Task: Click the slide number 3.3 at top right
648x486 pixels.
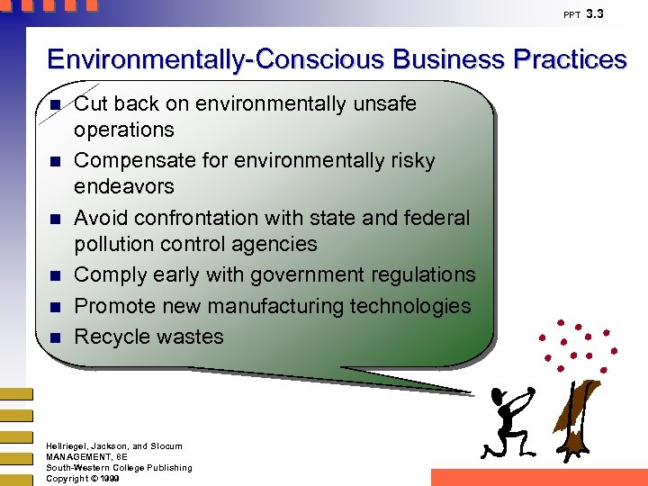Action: [x=595, y=13]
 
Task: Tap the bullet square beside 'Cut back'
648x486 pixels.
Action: [x=55, y=105]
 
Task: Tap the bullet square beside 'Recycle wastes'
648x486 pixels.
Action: [x=55, y=337]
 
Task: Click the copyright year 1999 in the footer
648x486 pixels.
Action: [x=109, y=478]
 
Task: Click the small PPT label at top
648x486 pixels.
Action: [x=571, y=15]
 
